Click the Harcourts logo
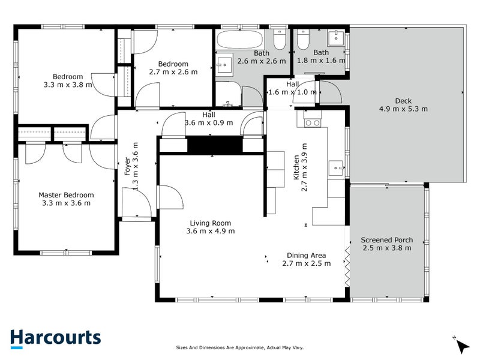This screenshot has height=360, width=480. pyautogui.click(x=55, y=338)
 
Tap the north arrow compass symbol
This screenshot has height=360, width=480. pyautogui.click(x=462, y=345)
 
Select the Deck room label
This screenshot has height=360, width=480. pyautogui.click(x=403, y=101)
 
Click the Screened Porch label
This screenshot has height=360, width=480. pyautogui.click(x=386, y=240)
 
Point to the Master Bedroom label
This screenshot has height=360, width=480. pyautogui.click(x=66, y=195)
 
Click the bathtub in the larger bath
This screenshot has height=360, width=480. pyautogui.click(x=239, y=39)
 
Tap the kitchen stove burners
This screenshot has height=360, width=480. pyautogui.click(x=313, y=123)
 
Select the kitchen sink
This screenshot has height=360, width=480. pyautogui.click(x=337, y=168)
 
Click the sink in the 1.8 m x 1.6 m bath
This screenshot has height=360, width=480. pyautogui.click(x=336, y=37)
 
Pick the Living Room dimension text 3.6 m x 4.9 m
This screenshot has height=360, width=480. pyautogui.click(x=211, y=231)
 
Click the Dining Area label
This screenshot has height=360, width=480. pyautogui.click(x=306, y=256)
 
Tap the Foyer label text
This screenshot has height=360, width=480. pyautogui.click(x=127, y=166)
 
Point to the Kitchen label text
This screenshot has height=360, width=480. pyautogui.click(x=296, y=167)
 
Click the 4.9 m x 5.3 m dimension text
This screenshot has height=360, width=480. pyautogui.click(x=403, y=109)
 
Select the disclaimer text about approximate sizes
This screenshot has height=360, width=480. pyautogui.click(x=239, y=347)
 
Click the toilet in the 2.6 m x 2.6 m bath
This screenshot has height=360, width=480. pyautogui.click(x=280, y=39)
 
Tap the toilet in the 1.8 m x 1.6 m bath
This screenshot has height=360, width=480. pyautogui.click(x=303, y=39)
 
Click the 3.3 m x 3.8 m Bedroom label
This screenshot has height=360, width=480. pyautogui.click(x=68, y=80)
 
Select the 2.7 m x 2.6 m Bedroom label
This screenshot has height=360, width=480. pyautogui.click(x=173, y=68)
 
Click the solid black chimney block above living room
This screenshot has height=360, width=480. pyautogui.click(x=215, y=145)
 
